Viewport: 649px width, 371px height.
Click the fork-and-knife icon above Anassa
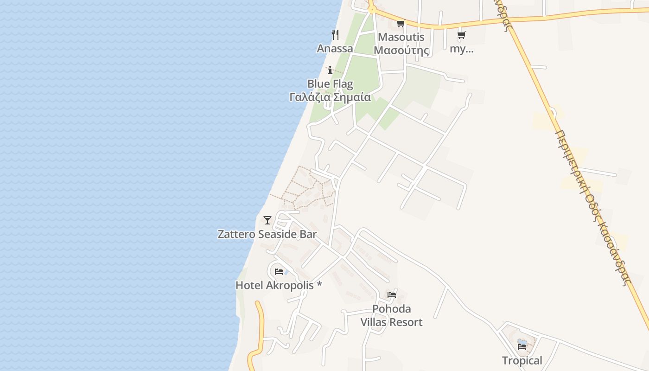click(335, 34)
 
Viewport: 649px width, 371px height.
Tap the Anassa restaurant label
click(335, 48)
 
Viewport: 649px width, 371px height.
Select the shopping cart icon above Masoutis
click(401, 23)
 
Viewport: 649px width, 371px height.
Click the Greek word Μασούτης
click(401, 50)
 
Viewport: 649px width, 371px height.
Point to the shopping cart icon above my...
click(461, 35)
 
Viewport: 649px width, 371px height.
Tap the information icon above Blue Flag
click(330, 70)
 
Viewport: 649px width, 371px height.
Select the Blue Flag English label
click(330, 84)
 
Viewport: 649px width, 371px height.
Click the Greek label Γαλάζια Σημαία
click(330, 97)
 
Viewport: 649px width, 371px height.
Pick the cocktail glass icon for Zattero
click(267, 220)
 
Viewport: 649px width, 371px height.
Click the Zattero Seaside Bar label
click(267, 234)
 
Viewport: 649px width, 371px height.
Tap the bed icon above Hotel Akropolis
click(279, 271)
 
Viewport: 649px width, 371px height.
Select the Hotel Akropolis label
click(279, 285)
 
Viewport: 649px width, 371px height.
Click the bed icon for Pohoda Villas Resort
click(392, 294)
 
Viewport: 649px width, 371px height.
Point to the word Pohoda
click(392, 309)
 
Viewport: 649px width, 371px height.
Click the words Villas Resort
click(392, 322)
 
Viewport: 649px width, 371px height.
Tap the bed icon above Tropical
click(522, 346)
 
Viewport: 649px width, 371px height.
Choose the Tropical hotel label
click(522, 360)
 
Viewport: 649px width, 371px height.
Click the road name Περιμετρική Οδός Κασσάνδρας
click(593, 206)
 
